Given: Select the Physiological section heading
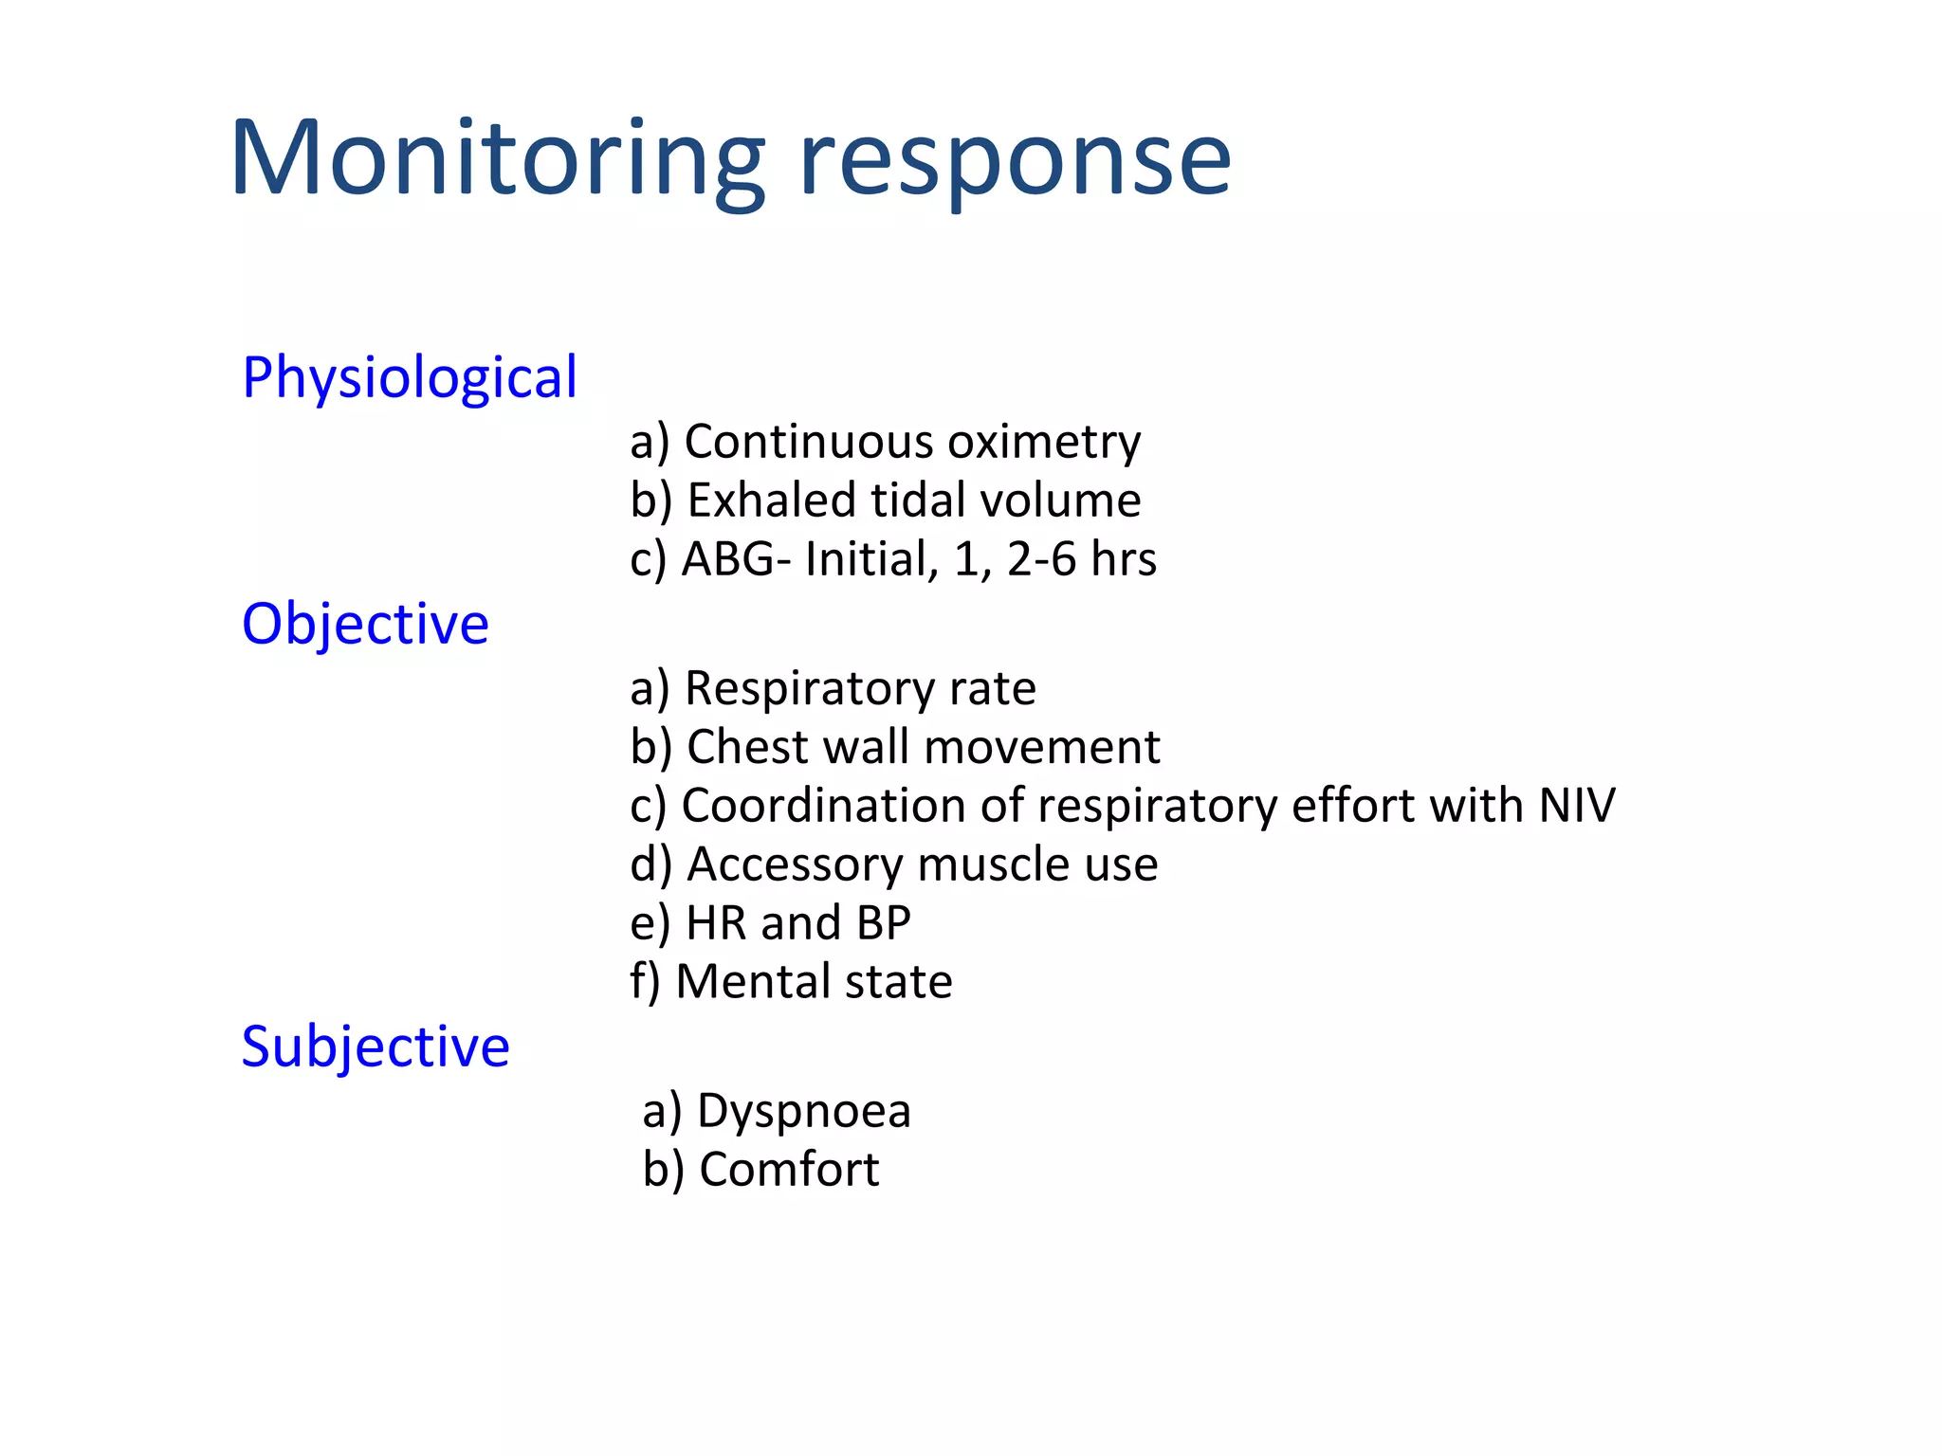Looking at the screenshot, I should [x=409, y=378].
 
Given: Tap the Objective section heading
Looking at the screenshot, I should [x=365, y=625].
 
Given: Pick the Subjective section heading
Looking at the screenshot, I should [x=376, y=1047].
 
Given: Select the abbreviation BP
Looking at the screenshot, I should [x=883, y=923].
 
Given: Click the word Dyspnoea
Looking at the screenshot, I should [x=803, y=1111].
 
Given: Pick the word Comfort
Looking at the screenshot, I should [x=789, y=1170].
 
